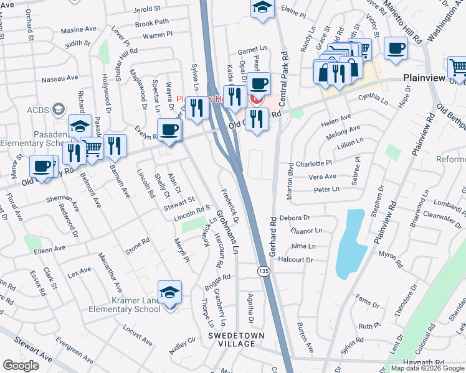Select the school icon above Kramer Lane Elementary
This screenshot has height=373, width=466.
(x=169, y=291)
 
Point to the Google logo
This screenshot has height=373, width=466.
(x=21, y=366)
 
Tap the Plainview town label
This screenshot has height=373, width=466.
(x=424, y=78)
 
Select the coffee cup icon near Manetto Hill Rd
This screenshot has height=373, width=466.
(x=396, y=48)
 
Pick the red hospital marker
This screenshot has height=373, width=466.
(x=255, y=99)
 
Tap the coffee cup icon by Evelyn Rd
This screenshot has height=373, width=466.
(x=169, y=129)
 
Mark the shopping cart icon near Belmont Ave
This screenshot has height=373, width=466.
(x=92, y=148)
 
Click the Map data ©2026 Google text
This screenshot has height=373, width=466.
(x=428, y=368)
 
